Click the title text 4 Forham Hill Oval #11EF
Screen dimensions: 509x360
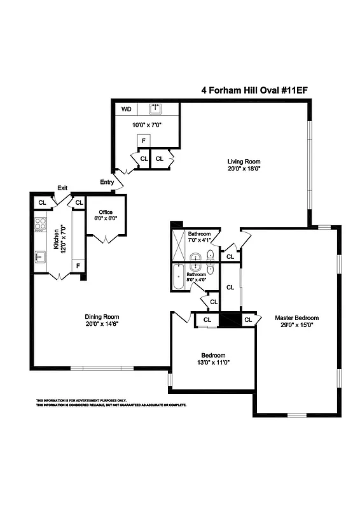click(x=254, y=90)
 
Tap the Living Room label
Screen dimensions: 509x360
click(x=244, y=161)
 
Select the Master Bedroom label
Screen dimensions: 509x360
click(x=296, y=317)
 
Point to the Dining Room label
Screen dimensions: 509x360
click(x=102, y=316)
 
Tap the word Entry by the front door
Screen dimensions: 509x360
click(x=107, y=183)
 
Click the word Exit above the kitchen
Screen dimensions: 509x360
click(x=62, y=188)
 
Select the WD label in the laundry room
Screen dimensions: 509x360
click(x=126, y=109)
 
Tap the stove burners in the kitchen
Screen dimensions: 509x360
click(x=40, y=223)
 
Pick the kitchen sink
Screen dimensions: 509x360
click(x=39, y=257)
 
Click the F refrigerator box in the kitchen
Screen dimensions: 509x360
click(x=78, y=265)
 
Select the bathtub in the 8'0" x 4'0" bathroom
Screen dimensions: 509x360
click(x=177, y=278)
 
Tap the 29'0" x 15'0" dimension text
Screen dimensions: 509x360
click(x=296, y=324)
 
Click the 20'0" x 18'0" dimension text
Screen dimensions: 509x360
click(x=244, y=169)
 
